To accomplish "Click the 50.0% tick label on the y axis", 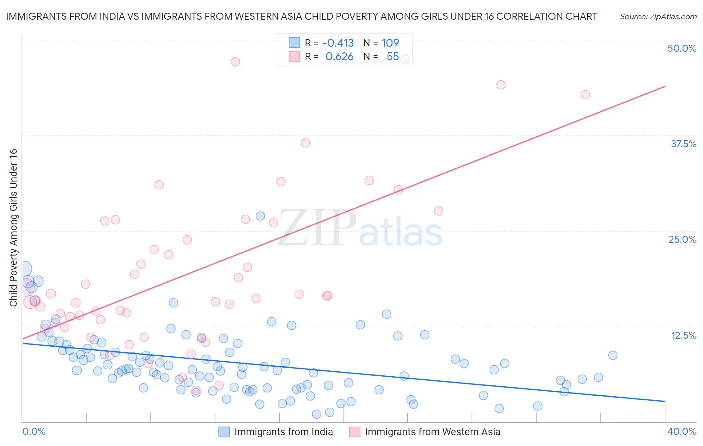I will click(682, 48).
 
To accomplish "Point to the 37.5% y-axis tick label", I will click(683, 144).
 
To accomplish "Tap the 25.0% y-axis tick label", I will click(682, 239).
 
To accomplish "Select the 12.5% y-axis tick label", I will click(683, 335).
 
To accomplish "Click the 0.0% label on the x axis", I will click(34, 431).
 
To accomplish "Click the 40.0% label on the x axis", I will click(682, 431).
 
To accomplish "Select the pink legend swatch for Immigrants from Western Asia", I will click(355, 432).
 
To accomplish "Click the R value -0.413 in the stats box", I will click(338, 43).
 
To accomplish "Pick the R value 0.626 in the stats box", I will click(339, 57).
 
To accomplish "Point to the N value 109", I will click(390, 43).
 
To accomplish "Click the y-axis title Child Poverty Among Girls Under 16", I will click(13, 228).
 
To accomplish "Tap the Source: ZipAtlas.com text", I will click(658, 16).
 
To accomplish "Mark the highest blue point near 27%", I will click(260, 216).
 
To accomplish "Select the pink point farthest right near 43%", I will click(585, 95).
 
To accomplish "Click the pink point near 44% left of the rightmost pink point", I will click(501, 85).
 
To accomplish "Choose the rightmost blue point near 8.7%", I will click(613, 355).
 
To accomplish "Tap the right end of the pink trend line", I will click(665, 86).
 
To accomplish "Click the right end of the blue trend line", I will click(665, 401).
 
